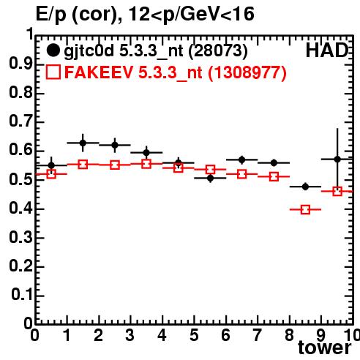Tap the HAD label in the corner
coord(327,50)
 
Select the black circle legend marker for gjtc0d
coord(53,50)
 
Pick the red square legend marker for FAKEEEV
coord(53,72)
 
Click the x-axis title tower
coord(325,348)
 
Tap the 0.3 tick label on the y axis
coord(20,237)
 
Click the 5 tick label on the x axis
coord(194,335)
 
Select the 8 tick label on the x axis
coord(289,335)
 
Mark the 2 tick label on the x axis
coord(99,335)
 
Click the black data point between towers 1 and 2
coord(83,143)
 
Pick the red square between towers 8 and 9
coord(305,209)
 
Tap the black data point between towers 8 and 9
coord(305,187)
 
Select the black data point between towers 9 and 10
coord(337,160)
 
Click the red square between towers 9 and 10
coord(337,191)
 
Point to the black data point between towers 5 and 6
coord(210,179)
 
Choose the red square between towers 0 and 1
coord(51,174)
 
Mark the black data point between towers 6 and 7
coord(242,160)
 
